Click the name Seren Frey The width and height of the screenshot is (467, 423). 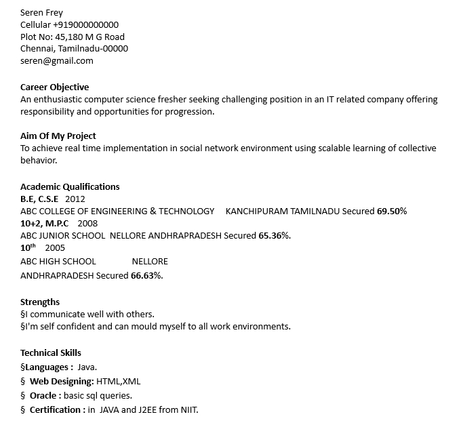pos(41,13)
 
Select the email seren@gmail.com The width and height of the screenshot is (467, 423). pos(57,60)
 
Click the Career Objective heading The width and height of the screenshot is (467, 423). pos(54,87)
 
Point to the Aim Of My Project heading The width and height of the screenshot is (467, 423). pos(58,136)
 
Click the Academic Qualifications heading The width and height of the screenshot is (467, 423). pos(70,186)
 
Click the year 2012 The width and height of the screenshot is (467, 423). pos(75,199)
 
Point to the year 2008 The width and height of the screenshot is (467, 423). pos(87,223)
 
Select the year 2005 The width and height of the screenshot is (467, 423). pos(55,247)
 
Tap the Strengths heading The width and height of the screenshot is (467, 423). pos(40,302)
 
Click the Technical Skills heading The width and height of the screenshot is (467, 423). pos(51,352)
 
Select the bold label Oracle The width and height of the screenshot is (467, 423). pos(45,395)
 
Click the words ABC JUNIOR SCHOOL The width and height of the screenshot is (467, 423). pos(62,235)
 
